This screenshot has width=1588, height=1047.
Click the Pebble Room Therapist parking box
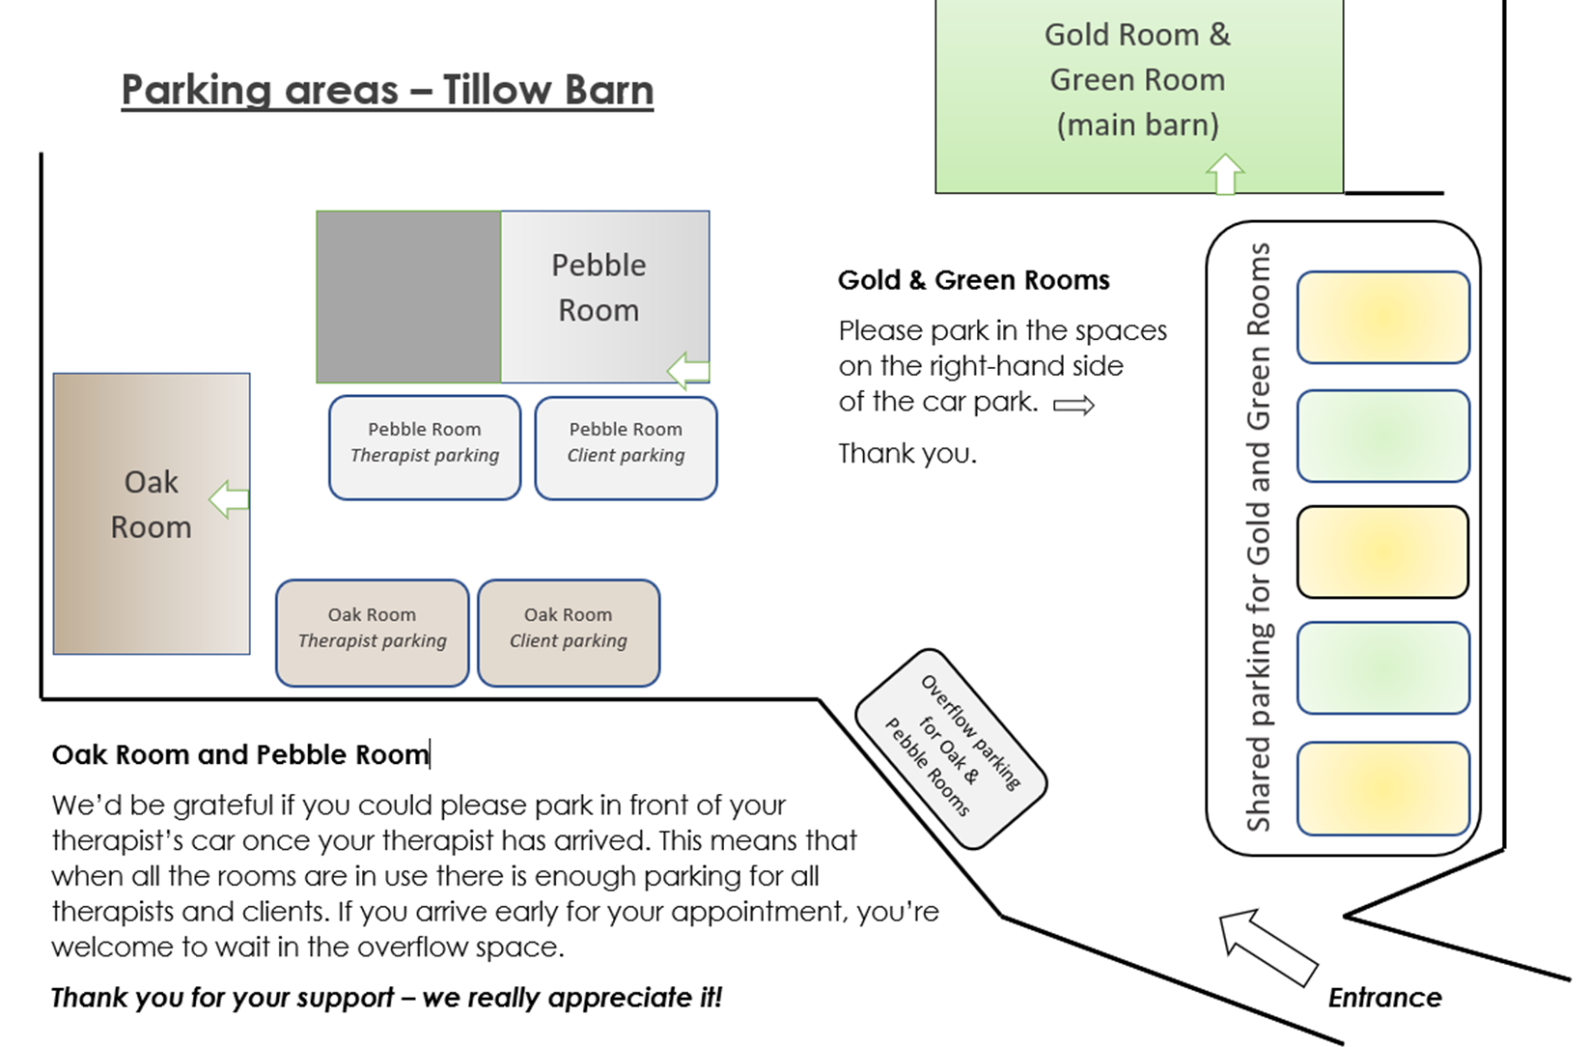point(425,447)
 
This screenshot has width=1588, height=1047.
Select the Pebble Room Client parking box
point(626,447)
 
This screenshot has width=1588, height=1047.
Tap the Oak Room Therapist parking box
point(373,633)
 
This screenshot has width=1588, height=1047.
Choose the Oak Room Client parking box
point(569,633)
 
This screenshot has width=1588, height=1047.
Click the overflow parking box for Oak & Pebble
point(952,749)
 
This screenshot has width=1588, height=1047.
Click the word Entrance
point(1384,998)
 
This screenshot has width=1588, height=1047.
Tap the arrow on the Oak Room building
point(229,499)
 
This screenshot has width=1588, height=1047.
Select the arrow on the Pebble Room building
point(687,370)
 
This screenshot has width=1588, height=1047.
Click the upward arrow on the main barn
point(1225,174)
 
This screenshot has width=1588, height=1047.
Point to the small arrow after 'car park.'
point(1073,405)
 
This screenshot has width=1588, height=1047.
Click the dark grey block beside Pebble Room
point(408,297)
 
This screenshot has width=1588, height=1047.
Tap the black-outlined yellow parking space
point(1382,552)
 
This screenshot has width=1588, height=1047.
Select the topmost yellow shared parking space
point(1383,317)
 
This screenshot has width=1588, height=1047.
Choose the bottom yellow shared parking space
point(1383,789)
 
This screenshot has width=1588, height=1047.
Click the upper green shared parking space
point(1383,436)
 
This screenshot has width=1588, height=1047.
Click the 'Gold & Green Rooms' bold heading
point(973,280)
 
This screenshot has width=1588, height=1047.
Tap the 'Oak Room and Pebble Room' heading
point(240,754)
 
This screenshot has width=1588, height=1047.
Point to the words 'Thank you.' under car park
point(907,453)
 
